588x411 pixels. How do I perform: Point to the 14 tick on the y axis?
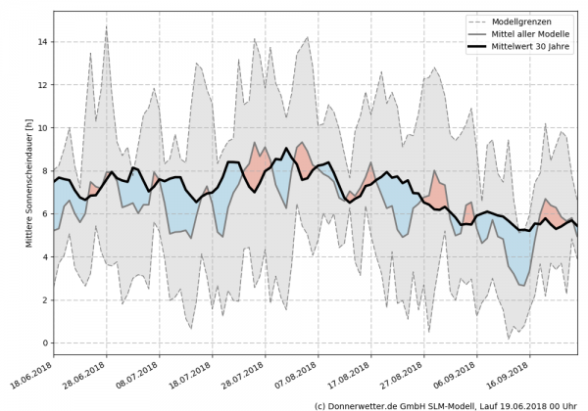[x=42, y=42]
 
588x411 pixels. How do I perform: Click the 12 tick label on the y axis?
[x=42, y=85]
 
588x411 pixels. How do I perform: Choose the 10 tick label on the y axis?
[x=42, y=128]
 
